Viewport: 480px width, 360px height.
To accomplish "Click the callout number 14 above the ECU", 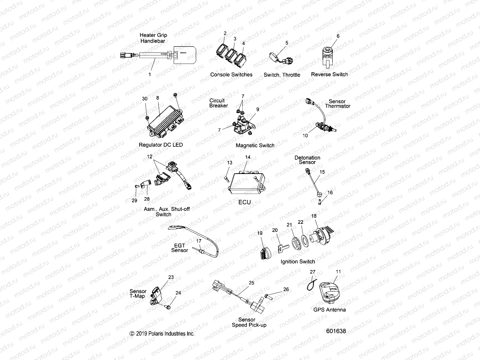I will pos(247,157).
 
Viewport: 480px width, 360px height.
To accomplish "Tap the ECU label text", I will pos(244,202).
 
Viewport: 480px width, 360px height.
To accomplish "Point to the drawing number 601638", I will pos(336,331).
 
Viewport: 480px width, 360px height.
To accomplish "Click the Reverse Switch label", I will pos(329,74).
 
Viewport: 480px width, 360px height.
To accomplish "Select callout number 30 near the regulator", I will pos(145,99).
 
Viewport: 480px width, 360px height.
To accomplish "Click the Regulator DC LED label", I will pos(161,145).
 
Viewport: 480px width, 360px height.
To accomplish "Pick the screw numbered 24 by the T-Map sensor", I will pos(168,307).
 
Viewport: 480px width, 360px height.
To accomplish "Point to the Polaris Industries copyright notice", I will pos(162,334).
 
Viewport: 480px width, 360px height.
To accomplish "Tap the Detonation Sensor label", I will pos(307,160).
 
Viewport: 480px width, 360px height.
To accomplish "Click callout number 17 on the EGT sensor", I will pos(199,241).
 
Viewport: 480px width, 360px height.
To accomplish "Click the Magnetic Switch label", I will pos(255,145).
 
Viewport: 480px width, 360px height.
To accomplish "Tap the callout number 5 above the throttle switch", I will pos(286,43).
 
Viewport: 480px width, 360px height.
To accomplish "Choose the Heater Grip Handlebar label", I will pos(153,38).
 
